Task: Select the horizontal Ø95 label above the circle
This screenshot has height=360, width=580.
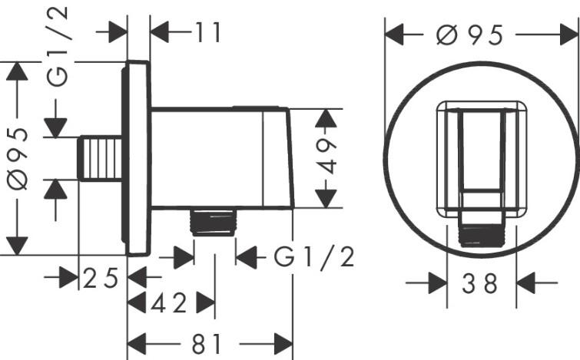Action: (x=469, y=35)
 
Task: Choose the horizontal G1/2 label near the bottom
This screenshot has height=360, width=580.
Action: (x=313, y=258)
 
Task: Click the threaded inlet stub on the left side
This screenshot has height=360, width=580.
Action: (x=101, y=157)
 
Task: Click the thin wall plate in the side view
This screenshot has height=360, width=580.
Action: (x=138, y=157)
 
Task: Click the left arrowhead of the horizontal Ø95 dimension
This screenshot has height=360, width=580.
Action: (x=394, y=35)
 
